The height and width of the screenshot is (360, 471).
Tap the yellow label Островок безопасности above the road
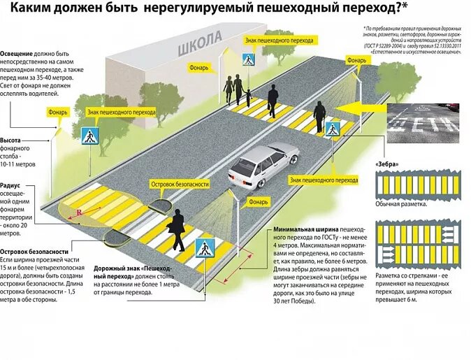[180, 185]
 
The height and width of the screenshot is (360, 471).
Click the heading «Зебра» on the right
[387, 164]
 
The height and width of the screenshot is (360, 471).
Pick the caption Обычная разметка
[401, 204]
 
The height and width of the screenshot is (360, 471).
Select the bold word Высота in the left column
[11, 141]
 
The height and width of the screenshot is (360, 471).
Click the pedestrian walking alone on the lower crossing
[177, 229]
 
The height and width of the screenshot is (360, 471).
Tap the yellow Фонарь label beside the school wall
[198, 69]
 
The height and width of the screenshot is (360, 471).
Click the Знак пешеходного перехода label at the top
[268, 41]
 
